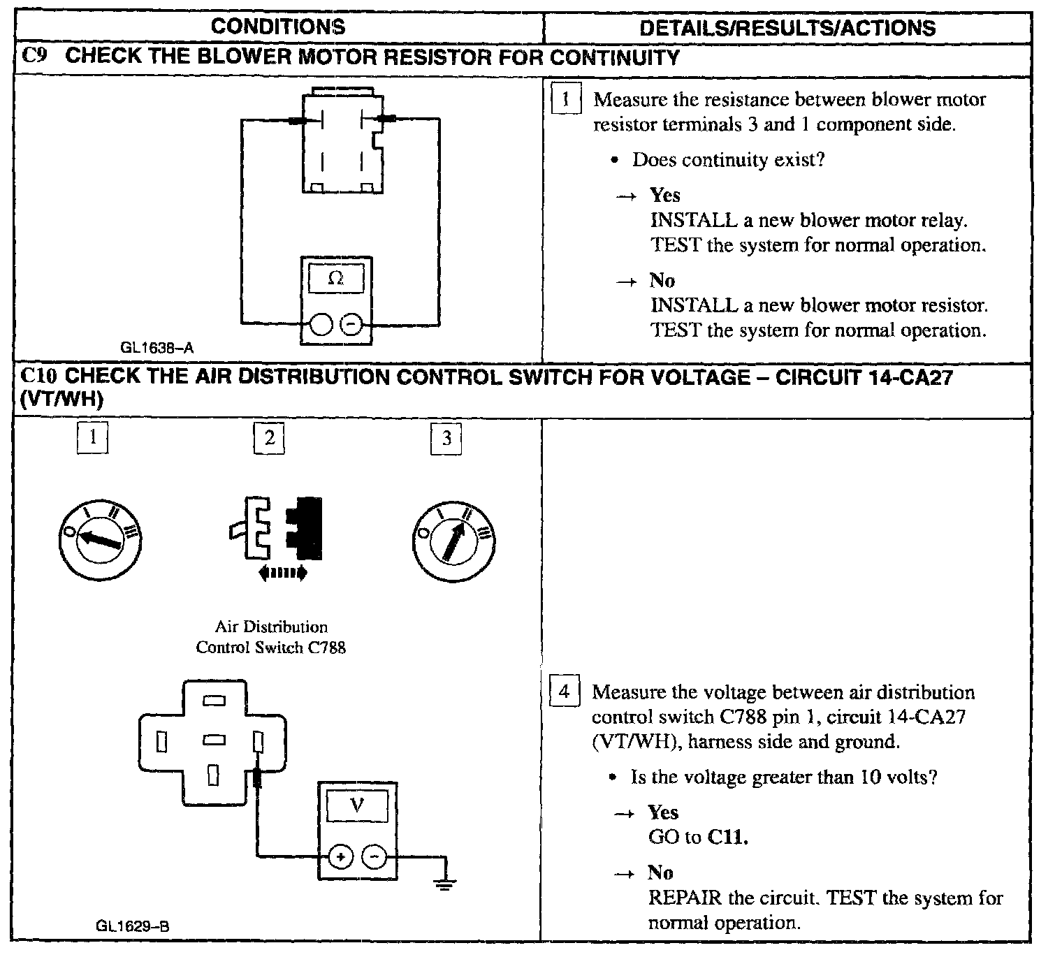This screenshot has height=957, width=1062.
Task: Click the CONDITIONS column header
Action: (278, 27)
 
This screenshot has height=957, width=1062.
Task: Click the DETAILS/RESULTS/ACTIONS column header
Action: (787, 28)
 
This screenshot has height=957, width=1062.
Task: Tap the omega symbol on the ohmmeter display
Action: (336, 278)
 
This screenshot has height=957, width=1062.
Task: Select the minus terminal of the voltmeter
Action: (374, 856)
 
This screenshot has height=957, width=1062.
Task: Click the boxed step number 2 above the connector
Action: (269, 439)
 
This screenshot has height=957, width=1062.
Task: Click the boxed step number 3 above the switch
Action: (446, 439)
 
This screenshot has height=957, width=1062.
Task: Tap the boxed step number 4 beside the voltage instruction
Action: (565, 692)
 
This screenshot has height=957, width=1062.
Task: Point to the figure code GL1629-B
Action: (133, 926)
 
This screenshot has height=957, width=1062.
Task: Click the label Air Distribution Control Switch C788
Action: (271, 637)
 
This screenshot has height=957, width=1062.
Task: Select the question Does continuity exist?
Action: (728, 160)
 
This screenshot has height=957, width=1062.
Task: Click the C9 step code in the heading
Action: (35, 56)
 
